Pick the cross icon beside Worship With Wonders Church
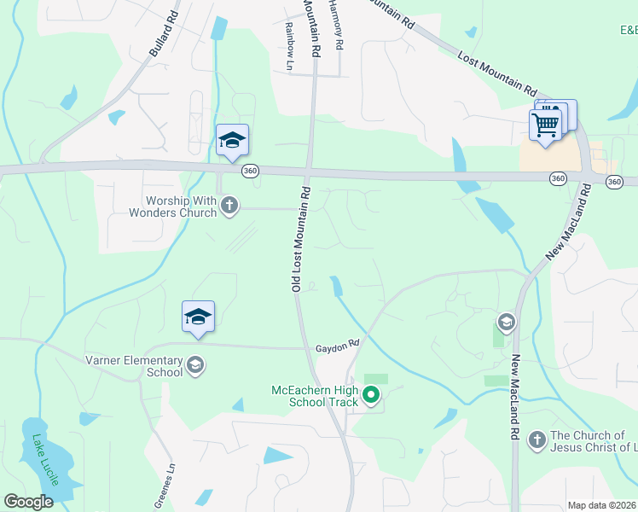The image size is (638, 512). (x=229, y=205)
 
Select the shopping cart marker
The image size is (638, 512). (x=545, y=125)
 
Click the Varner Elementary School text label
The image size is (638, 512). (x=134, y=365)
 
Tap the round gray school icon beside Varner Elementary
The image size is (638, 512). (x=195, y=365)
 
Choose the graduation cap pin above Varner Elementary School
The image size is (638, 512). (x=198, y=317)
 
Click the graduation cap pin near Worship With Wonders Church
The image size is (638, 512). (x=232, y=141)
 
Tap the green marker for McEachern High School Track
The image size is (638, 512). (x=371, y=395)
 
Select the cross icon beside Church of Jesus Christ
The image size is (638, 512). (x=536, y=439)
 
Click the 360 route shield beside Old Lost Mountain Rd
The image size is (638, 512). (x=250, y=171)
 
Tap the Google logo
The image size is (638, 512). (x=29, y=502)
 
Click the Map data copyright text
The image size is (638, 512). (x=601, y=505)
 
